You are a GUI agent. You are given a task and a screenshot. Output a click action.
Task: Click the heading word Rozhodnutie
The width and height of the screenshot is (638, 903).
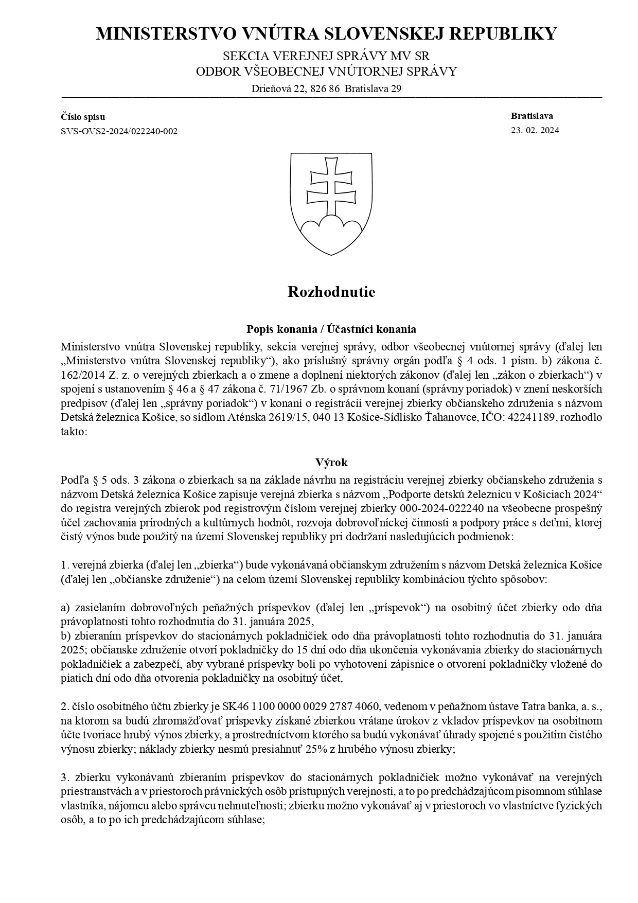[x=331, y=292]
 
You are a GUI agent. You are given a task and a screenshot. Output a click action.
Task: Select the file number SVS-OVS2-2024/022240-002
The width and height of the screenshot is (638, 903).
[x=119, y=131]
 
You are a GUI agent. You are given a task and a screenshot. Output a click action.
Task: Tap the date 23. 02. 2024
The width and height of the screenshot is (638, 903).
[x=535, y=130]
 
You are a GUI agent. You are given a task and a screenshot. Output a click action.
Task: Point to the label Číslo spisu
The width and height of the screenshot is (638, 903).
[x=83, y=117]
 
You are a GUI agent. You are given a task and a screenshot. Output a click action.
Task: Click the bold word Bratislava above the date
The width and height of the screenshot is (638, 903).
[x=532, y=116]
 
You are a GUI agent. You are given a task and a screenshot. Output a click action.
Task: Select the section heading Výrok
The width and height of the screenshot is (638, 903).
[x=331, y=462]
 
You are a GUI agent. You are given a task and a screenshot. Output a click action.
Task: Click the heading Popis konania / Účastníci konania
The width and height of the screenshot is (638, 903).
[x=331, y=329]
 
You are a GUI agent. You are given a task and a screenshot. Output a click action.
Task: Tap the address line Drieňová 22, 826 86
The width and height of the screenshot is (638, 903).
[x=296, y=88]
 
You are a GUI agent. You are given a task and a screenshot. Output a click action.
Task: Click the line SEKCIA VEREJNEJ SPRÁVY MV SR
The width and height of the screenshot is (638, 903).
[x=326, y=56]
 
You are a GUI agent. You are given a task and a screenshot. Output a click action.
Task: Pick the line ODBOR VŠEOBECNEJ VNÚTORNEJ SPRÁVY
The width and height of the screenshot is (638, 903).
[x=326, y=72]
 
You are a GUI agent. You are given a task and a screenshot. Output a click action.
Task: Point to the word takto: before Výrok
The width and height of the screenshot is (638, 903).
[x=74, y=431]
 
